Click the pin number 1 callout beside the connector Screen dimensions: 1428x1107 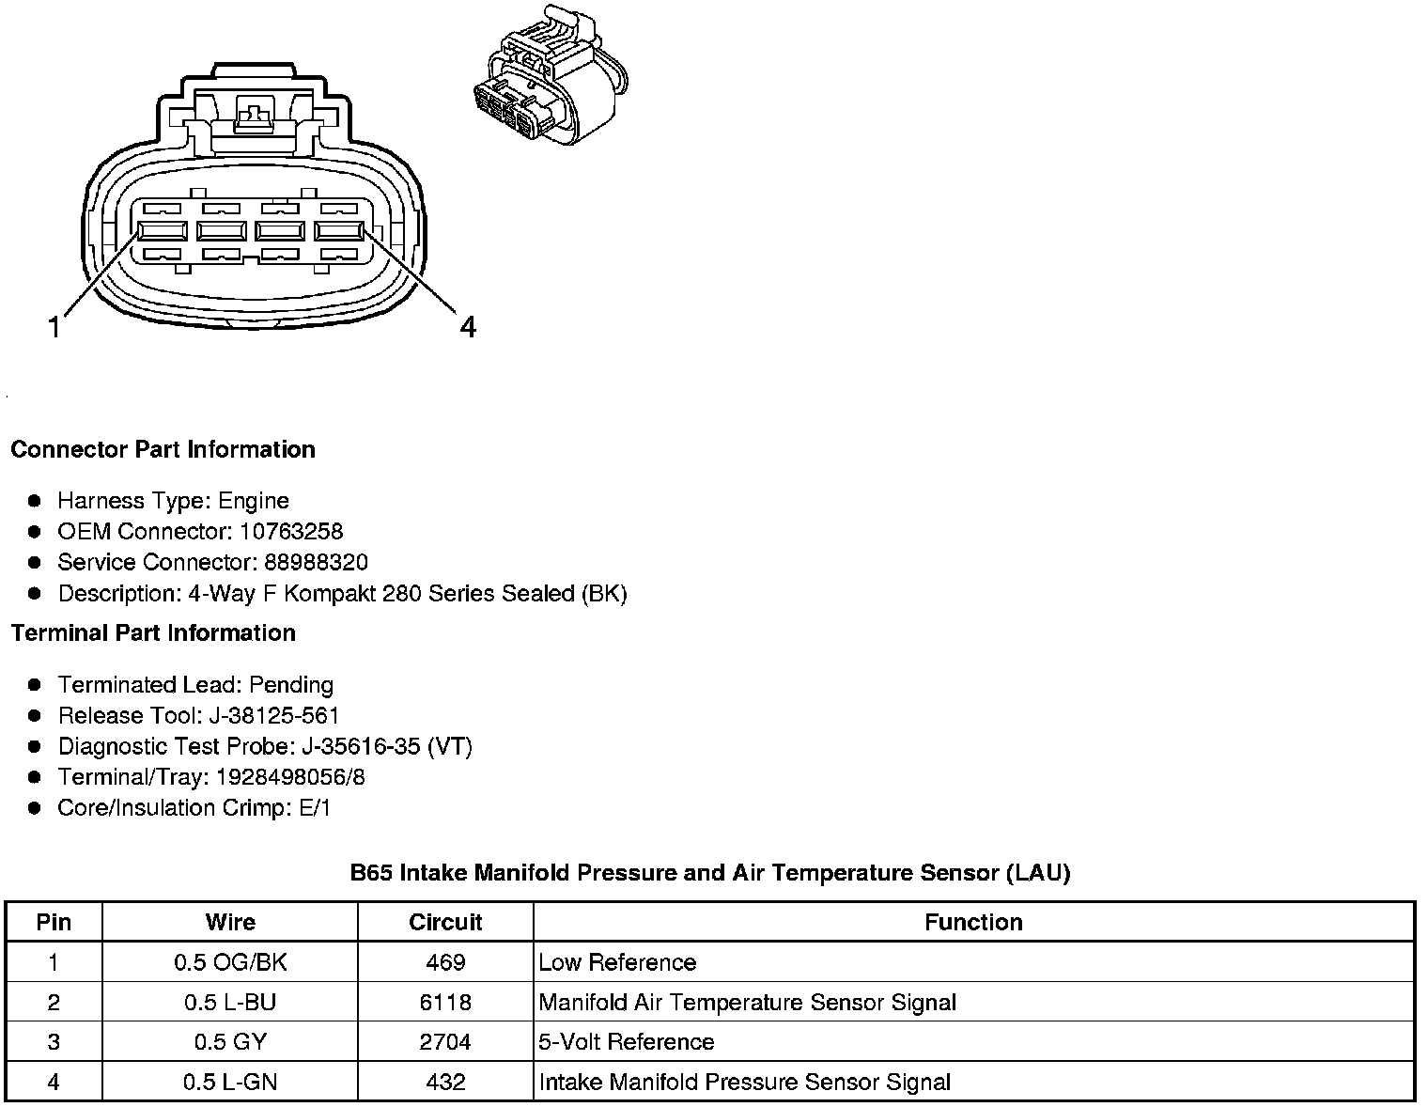pos(55,328)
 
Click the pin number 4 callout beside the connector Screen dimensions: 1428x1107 pos(467,327)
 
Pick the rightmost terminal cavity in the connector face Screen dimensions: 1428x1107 pos(339,232)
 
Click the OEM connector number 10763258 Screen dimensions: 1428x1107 pos(291,532)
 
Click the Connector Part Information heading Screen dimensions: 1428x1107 pos(163,450)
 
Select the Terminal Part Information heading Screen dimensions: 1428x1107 pos(153,633)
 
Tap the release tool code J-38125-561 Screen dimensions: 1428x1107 pos(273,716)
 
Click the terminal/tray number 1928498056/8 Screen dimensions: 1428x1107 pos(290,778)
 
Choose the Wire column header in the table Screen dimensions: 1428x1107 pos(230,922)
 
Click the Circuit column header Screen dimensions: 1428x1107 pos(445,922)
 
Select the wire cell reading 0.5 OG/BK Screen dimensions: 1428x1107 pos(230,962)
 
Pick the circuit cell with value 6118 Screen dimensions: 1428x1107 pos(445,1003)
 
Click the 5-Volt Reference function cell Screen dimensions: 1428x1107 pos(626,1042)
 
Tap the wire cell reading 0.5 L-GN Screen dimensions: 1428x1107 pos(230,1083)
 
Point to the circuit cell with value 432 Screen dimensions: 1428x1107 pos(445,1083)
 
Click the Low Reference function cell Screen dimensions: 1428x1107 pos(617,962)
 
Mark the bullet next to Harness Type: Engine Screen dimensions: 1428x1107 pos(36,501)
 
